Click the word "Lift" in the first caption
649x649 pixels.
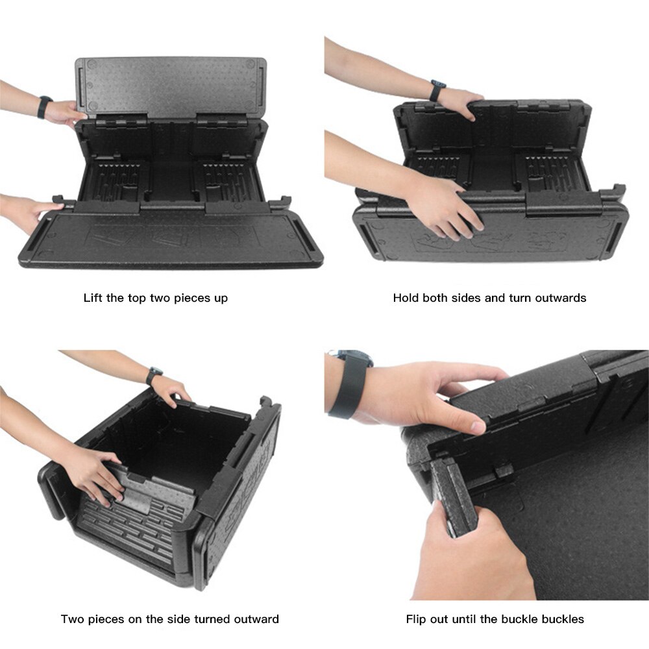(93, 298)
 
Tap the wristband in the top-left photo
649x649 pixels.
(44, 107)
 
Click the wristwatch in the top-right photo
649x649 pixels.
(437, 90)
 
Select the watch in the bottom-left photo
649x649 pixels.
(153, 375)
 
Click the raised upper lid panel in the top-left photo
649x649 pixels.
(171, 86)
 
